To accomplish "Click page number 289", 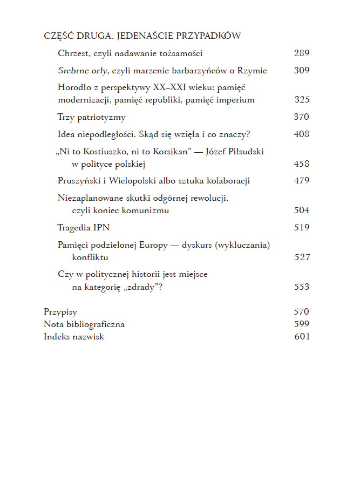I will [301, 53].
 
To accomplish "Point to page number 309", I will [301, 71].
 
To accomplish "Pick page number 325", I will [301, 100].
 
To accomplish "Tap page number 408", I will [301, 134].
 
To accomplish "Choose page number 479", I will [301, 181].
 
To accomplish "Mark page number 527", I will [301, 257].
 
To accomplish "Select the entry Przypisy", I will [60, 312].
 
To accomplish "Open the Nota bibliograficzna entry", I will [84, 324].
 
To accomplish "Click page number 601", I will [301, 337].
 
